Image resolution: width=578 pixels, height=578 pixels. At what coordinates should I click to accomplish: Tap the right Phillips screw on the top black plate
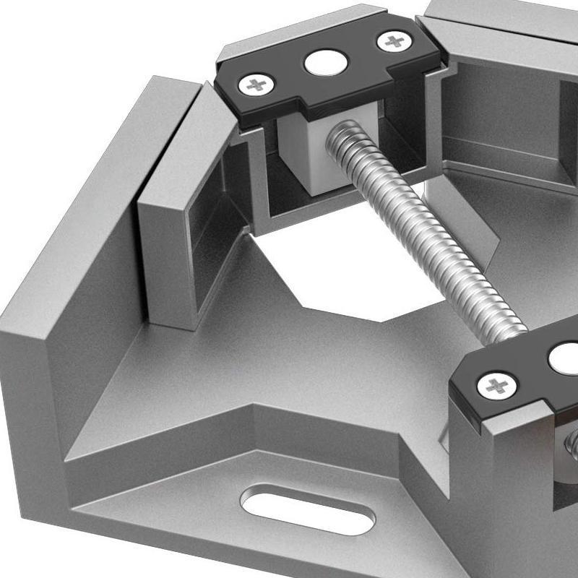coord(394,41)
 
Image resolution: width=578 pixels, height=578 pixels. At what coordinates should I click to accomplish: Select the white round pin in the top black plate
coord(322,64)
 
